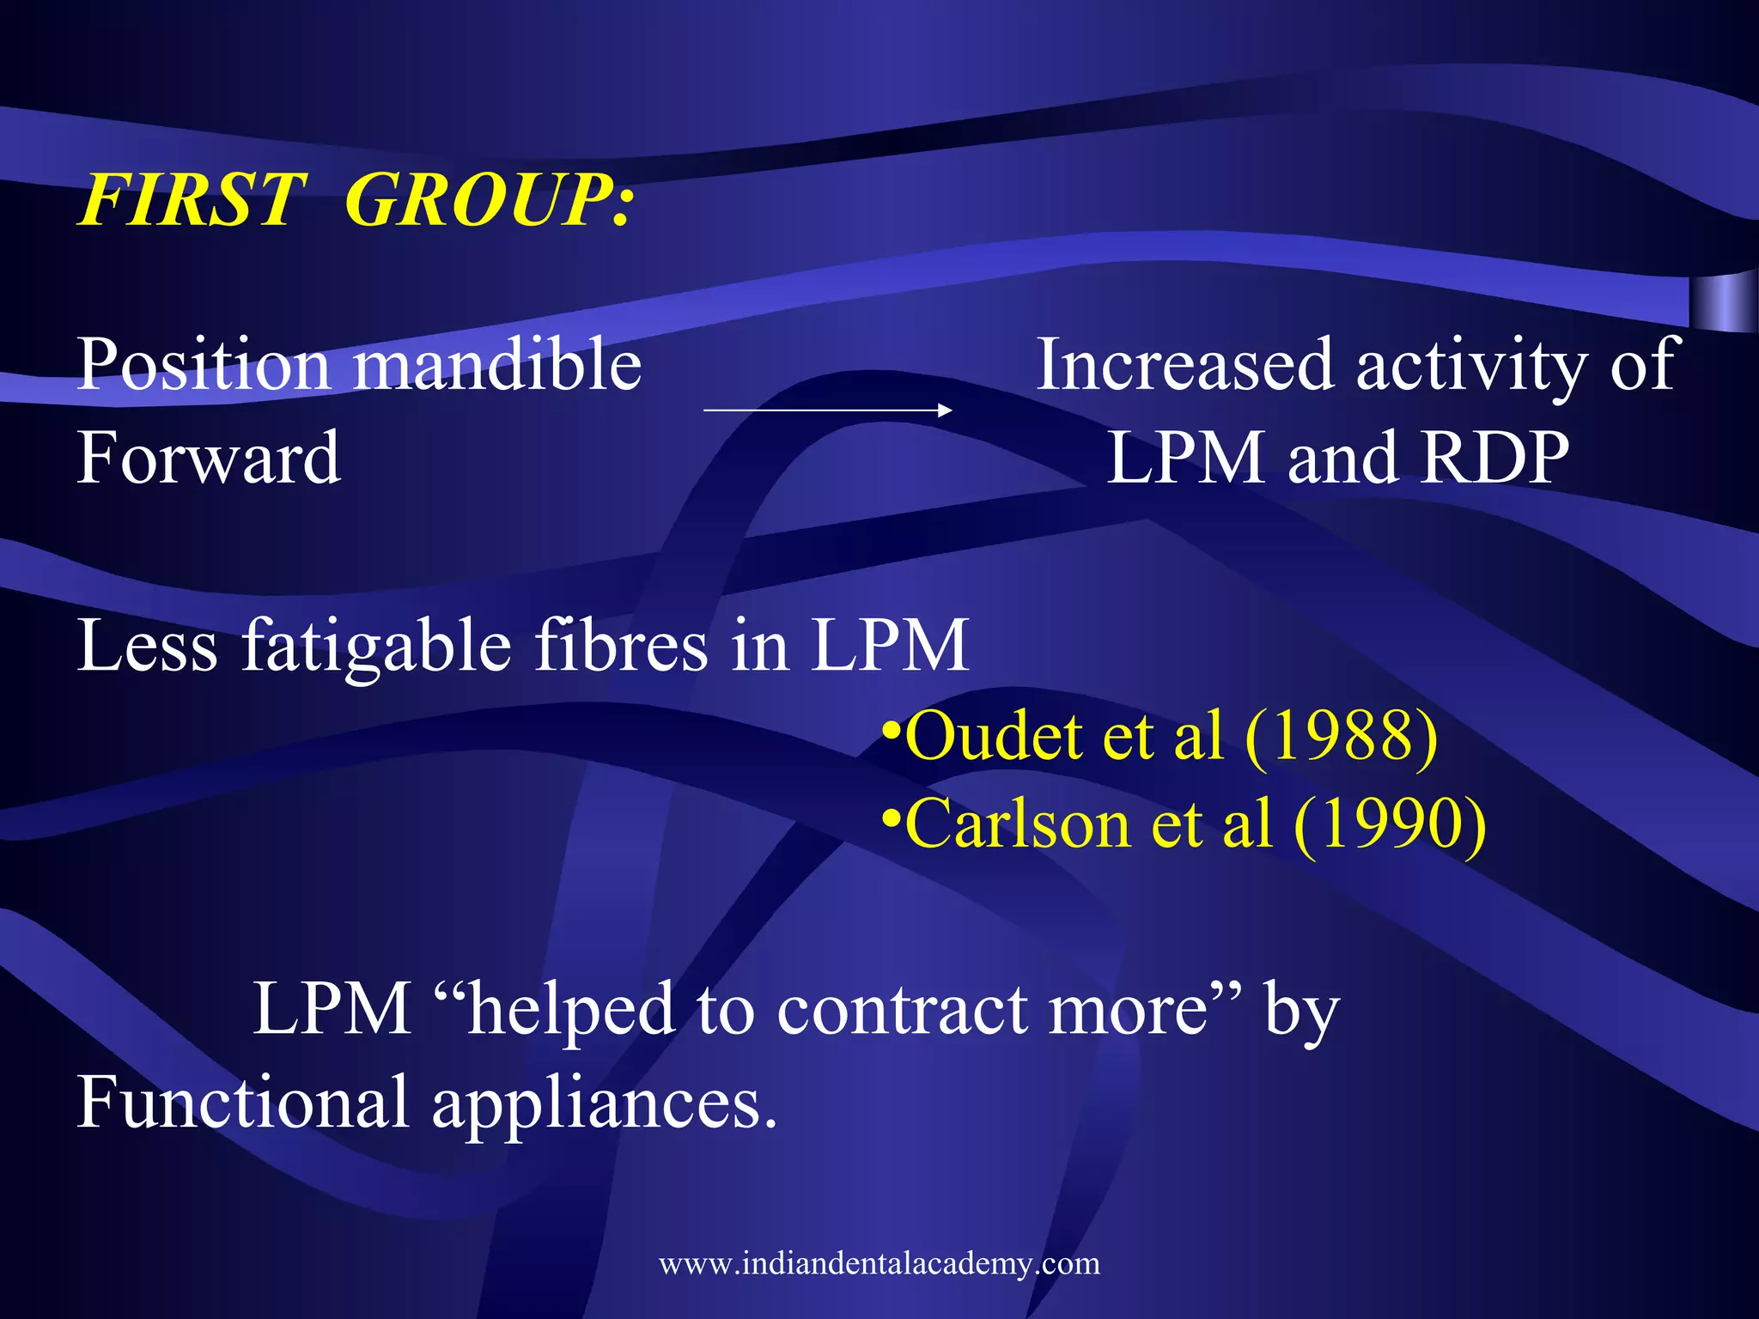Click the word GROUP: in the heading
(489, 201)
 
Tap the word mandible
(497, 365)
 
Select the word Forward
(209, 458)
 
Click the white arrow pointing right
(827, 410)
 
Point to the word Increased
(1184, 365)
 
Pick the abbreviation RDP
(1495, 458)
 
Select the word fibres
(622, 645)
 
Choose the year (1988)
(1341, 736)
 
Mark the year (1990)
(1389, 824)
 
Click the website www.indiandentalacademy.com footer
(879, 1263)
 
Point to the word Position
(204, 365)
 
